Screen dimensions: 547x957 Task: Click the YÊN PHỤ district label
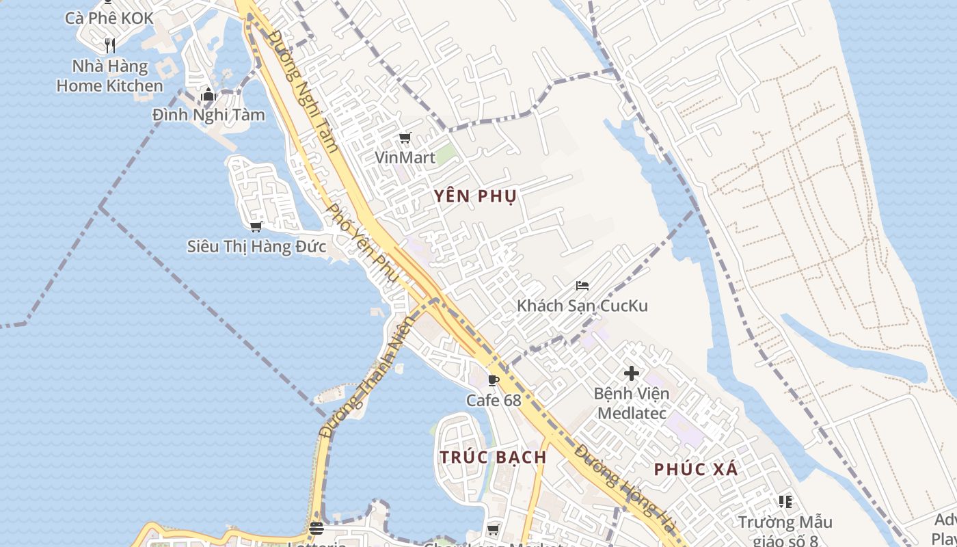(x=475, y=196)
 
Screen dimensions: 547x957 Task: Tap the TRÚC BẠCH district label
(x=492, y=457)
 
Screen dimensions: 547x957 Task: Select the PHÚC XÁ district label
(x=696, y=470)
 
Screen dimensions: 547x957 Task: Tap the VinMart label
(x=405, y=158)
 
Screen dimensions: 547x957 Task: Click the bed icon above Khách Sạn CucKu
(x=582, y=286)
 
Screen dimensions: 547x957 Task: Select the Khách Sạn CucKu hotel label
(x=582, y=306)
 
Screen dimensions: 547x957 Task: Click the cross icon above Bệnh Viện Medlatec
(x=632, y=373)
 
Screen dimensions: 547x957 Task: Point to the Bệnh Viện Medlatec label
(x=632, y=403)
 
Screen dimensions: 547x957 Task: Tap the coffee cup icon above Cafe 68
(x=494, y=380)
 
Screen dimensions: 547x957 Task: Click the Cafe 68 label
(x=494, y=400)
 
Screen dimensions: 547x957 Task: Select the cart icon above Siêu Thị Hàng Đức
(x=256, y=226)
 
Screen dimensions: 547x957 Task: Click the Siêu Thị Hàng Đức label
(x=256, y=246)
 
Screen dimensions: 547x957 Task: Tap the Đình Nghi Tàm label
(x=208, y=115)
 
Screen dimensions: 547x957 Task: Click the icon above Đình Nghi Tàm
(x=208, y=95)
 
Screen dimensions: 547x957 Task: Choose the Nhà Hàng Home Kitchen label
(x=110, y=76)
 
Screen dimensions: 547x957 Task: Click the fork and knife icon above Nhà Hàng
(x=110, y=46)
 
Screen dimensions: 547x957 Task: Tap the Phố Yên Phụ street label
(x=362, y=243)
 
